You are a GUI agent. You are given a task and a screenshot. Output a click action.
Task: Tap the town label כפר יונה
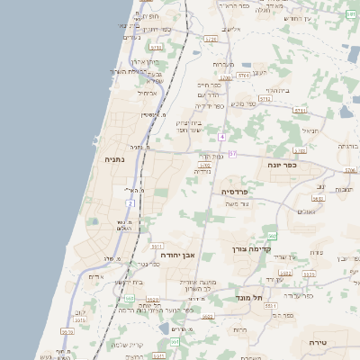click(283, 166)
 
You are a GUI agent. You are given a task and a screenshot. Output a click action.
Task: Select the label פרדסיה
click(239, 192)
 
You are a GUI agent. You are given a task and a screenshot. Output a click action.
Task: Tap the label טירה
click(318, 343)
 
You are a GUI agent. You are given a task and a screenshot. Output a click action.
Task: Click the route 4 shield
click(220, 137)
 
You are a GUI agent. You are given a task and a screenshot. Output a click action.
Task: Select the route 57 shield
click(231, 154)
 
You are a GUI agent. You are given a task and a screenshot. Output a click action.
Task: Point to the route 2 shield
click(130, 204)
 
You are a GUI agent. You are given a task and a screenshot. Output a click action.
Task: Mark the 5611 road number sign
click(156, 246)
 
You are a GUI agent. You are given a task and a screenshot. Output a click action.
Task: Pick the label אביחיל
click(148, 93)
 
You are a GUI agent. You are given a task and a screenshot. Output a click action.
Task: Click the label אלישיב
click(231, 30)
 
